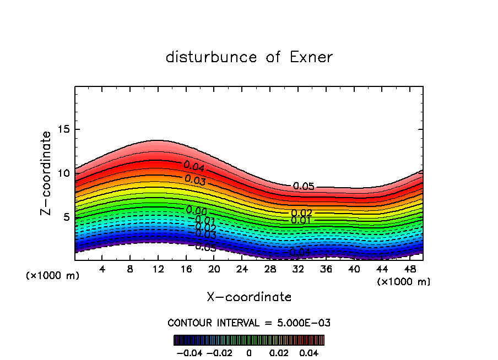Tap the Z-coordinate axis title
coord(47,173)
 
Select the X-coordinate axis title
coord(249,297)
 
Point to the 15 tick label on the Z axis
coord(65,129)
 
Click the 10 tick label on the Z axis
coord(65,173)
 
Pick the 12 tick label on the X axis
coord(158,269)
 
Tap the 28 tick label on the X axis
coord(270,269)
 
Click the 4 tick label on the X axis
coord(102,269)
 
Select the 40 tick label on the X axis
coord(354,269)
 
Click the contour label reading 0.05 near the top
coord(304,187)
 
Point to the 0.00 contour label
coord(196,210)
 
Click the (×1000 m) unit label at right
coord(404,282)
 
